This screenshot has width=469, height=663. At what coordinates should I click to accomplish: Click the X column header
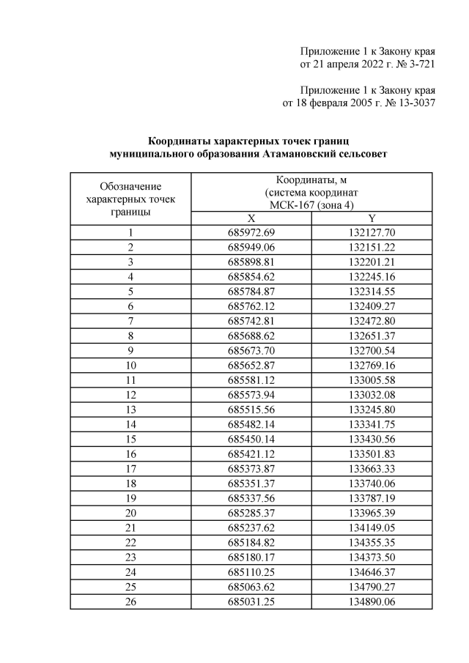tap(251, 218)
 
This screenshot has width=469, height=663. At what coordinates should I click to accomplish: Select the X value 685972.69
tap(251, 232)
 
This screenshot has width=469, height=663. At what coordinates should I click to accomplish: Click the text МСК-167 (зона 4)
tap(311, 205)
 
